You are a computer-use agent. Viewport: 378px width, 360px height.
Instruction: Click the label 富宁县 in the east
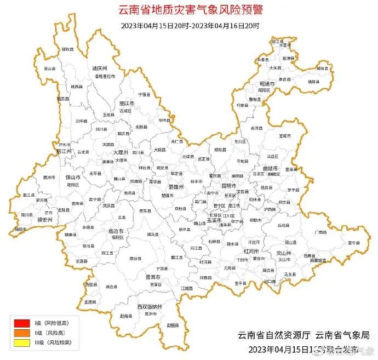click(x=353, y=243)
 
